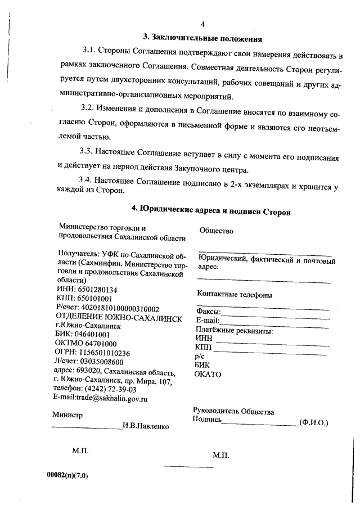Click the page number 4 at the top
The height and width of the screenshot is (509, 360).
[x=203, y=24]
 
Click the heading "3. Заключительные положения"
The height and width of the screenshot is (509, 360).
[x=203, y=38]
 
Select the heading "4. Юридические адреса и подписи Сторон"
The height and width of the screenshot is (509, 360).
[x=211, y=210]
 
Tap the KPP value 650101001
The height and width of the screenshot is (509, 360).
[x=96, y=299]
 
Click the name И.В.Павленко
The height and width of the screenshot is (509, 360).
[x=146, y=426]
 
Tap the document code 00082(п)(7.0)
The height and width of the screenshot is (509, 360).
[x=67, y=475]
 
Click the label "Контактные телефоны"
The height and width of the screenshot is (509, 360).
[x=235, y=295]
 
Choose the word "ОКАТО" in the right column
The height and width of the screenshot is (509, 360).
[x=208, y=374]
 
